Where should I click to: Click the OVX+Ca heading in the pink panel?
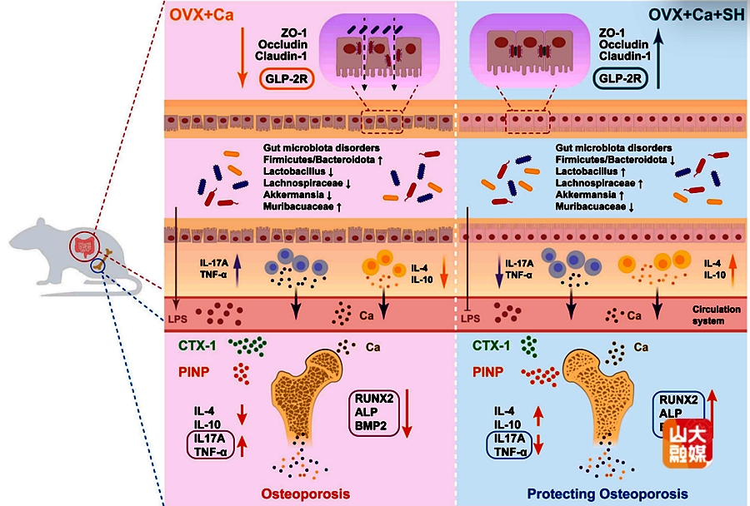pos(199,15)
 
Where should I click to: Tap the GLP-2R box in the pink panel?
pos(288,80)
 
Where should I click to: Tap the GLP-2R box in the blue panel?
pos(622,80)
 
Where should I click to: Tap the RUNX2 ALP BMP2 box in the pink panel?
pos(372,411)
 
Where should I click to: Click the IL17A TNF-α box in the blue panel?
pos(511,445)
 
